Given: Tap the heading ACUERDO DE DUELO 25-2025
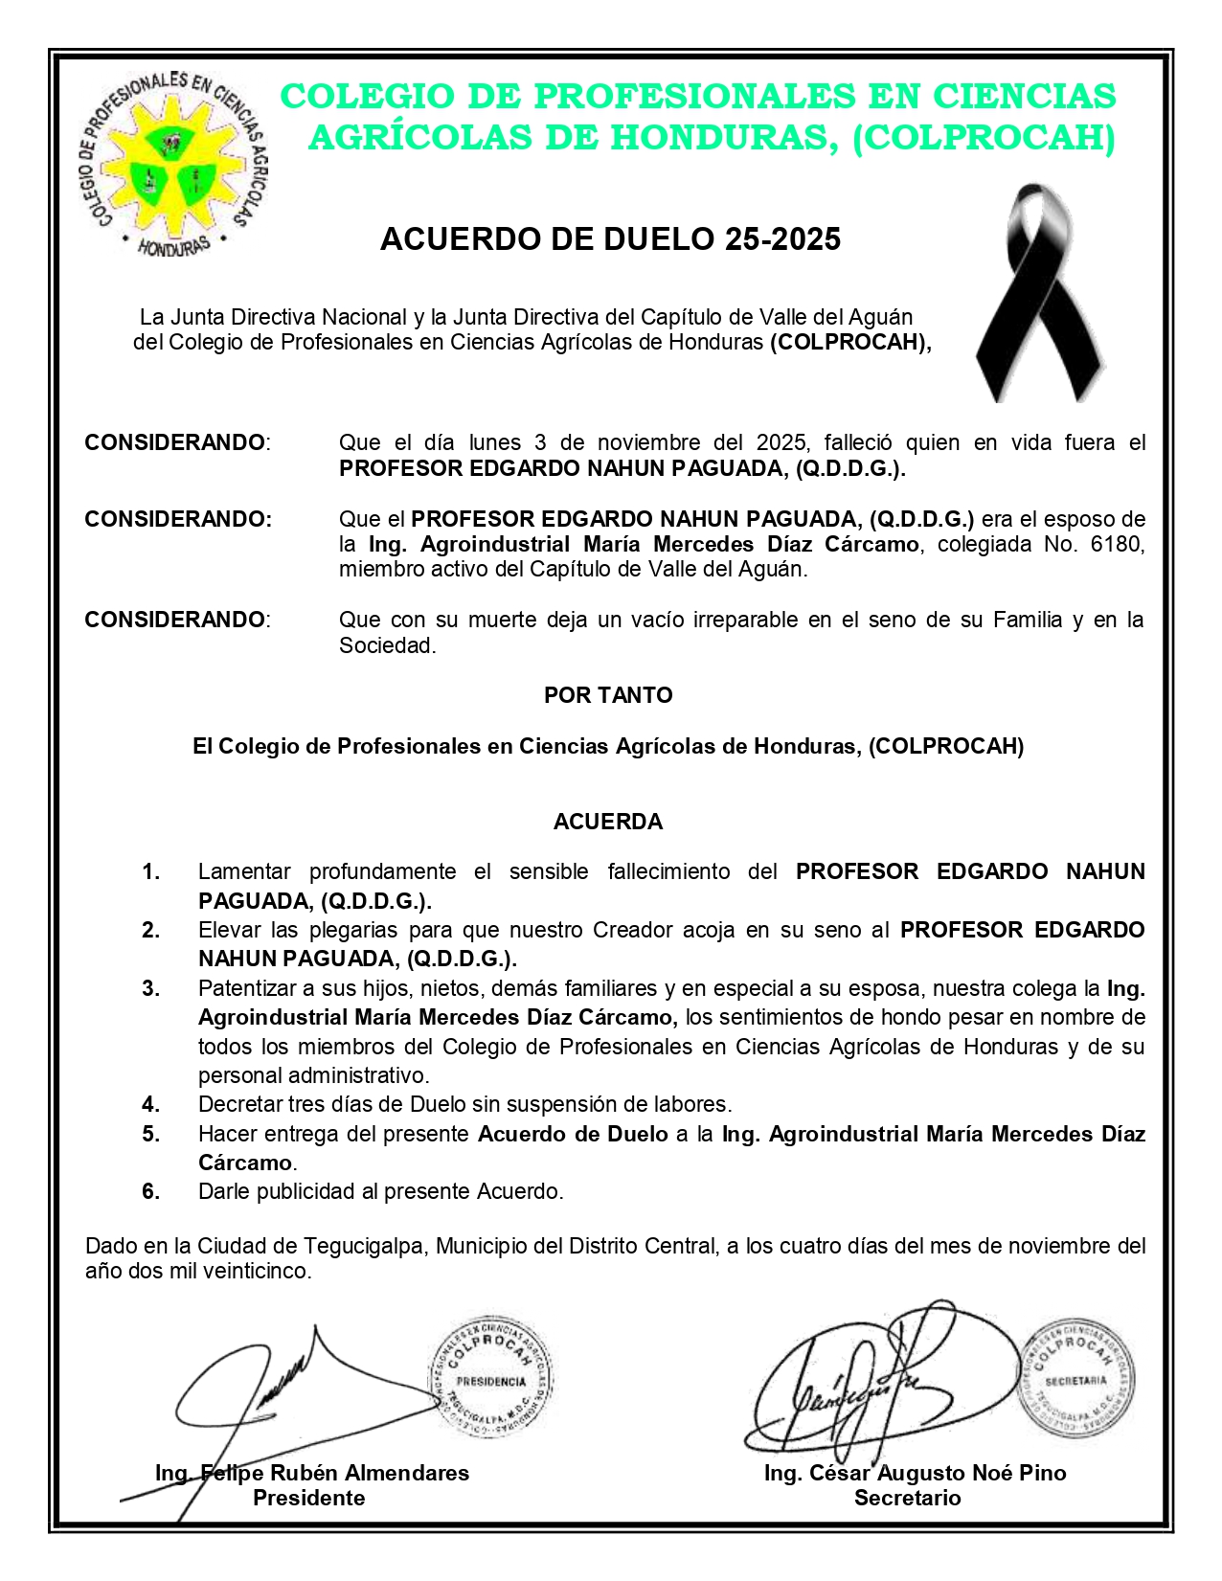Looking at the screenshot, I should [610, 238].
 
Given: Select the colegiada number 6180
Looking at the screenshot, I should [1121, 544].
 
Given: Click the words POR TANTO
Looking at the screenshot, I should [608, 695].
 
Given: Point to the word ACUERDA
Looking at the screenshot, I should [608, 822].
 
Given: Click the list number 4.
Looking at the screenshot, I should [150, 1104].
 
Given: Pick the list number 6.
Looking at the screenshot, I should [150, 1191].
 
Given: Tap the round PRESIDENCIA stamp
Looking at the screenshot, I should [490, 1379].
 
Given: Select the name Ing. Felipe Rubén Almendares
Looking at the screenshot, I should [312, 1473].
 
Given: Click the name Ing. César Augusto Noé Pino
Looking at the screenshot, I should [915, 1473].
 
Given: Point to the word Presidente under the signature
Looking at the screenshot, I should [308, 1498].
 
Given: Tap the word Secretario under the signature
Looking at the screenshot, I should [907, 1498].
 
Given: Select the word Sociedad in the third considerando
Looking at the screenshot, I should [386, 645].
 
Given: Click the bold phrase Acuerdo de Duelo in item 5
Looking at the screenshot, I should [573, 1134].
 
